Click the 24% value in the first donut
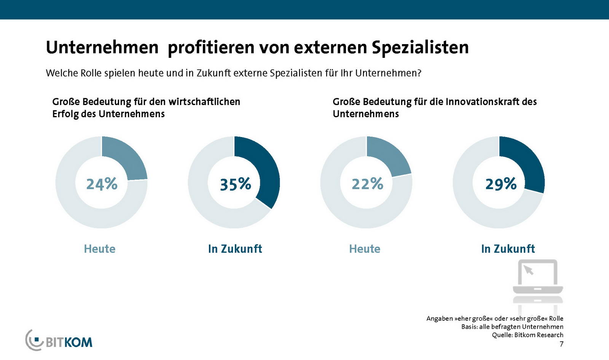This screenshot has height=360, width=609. tap(102, 184)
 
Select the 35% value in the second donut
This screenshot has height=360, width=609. tap(235, 184)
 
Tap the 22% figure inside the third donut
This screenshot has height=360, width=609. tap(367, 184)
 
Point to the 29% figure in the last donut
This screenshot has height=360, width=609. tap(501, 184)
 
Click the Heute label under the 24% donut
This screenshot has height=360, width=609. tap(99, 249)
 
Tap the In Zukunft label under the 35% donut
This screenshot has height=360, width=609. tap(235, 249)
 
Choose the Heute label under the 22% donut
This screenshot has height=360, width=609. tap(365, 249)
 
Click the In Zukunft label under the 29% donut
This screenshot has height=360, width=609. tap(508, 249)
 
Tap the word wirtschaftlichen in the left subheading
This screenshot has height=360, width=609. tap(204, 102)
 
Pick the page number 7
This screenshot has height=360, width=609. tap(561, 344)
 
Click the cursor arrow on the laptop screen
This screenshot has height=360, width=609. tap(529, 270)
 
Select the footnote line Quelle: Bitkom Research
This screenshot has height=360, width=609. tap(527, 335)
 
